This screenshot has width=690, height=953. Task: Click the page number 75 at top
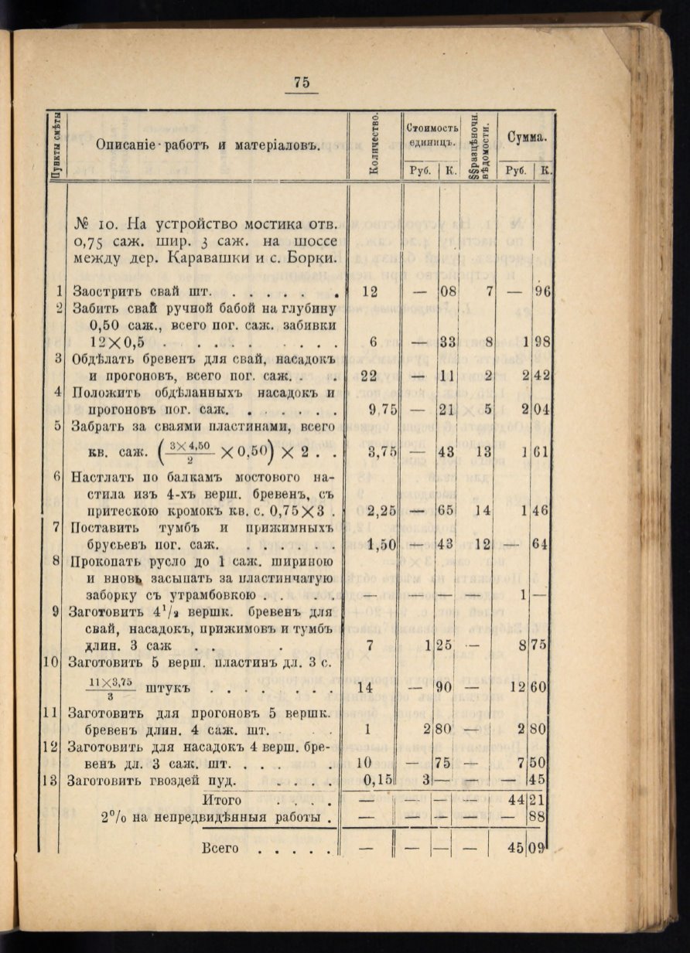[302, 83]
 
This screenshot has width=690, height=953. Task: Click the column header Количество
[374, 143]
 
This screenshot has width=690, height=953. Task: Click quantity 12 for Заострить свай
[371, 291]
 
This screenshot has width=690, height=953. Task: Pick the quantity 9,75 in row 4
[380, 410]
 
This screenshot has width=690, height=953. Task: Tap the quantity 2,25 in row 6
[380, 511]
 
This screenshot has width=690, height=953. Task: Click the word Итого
[222, 800]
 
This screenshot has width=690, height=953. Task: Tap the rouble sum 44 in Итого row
[517, 799]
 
